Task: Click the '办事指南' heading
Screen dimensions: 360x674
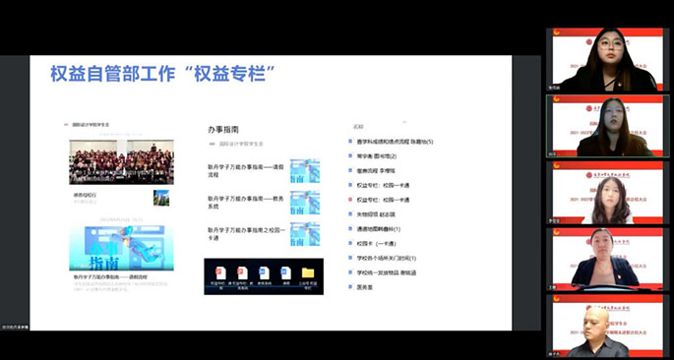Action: click(x=223, y=129)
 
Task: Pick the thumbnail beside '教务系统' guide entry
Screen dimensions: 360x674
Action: click(x=305, y=203)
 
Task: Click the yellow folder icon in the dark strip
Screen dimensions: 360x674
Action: click(x=307, y=272)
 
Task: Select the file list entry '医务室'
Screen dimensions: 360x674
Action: click(x=366, y=286)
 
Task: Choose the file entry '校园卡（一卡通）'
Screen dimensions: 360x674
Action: click(x=377, y=243)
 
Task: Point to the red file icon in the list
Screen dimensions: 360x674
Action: click(x=350, y=200)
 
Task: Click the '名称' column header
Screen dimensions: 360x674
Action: click(x=358, y=127)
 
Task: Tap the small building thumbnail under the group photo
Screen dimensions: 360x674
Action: click(x=160, y=198)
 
